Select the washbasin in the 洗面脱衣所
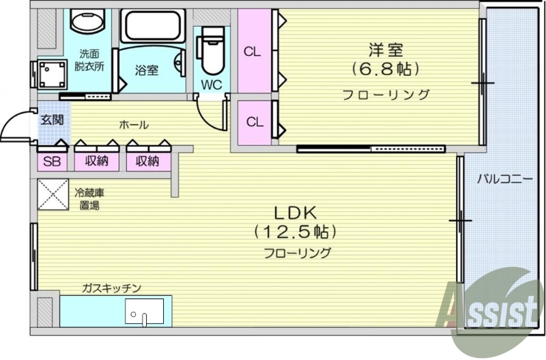(x=88, y=22)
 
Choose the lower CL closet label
(x=254, y=123)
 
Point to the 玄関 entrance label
(x=51, y=120)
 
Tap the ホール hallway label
(x=134, y=124)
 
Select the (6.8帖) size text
(x=386, y=69)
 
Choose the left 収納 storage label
(x=96, y=161)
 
